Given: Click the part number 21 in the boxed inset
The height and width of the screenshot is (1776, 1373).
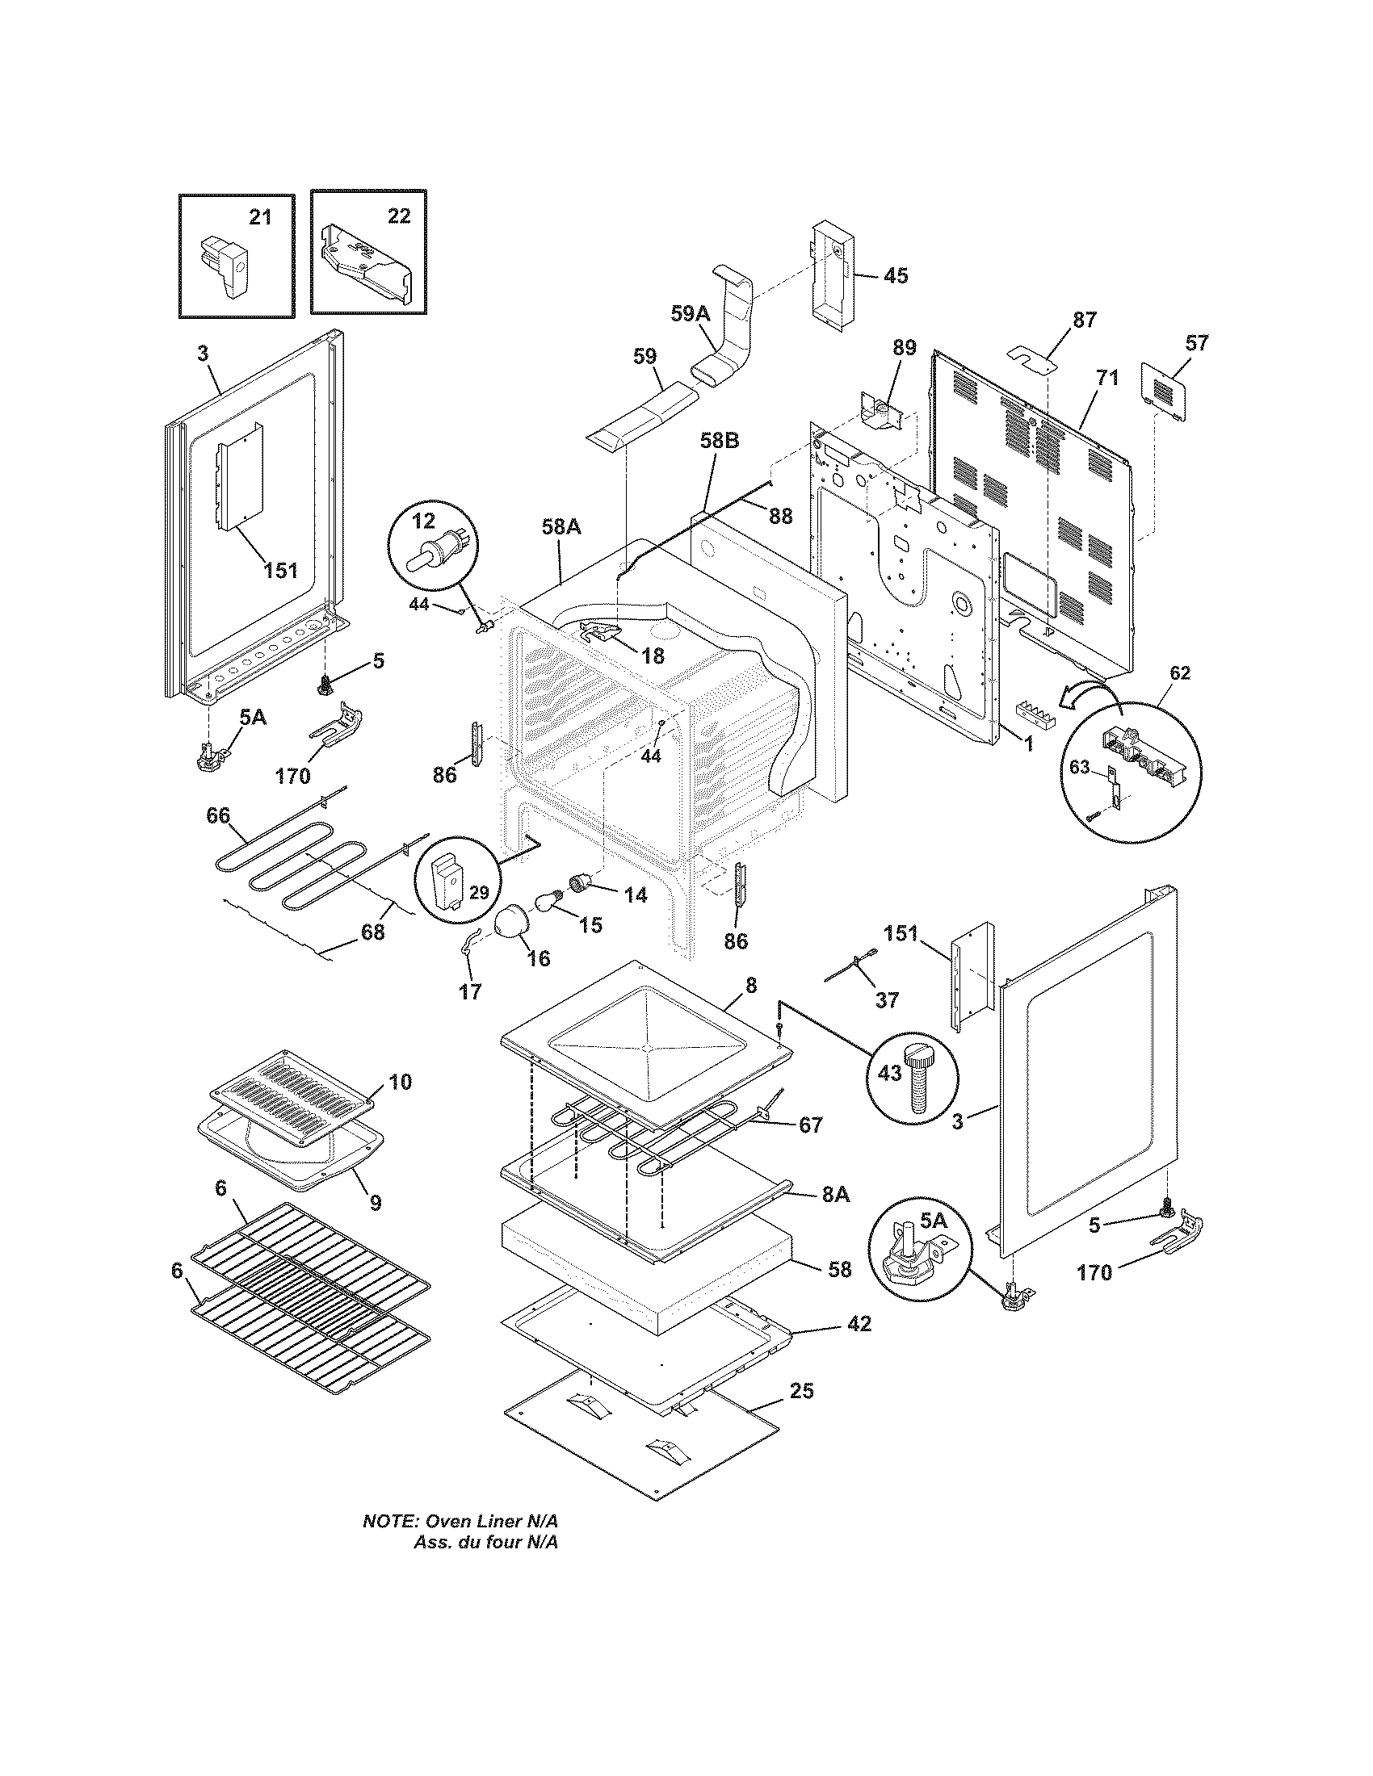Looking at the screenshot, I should (260, 217).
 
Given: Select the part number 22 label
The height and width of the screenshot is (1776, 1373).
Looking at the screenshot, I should (398, 216).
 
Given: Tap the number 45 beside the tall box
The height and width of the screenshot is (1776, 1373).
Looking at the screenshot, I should (895, 275).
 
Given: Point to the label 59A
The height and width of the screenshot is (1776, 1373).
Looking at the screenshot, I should (691, 314).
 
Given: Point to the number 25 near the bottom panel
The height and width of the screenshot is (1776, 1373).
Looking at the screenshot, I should (801, 1392).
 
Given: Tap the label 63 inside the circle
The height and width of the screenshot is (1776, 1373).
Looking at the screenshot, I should (1078, 767).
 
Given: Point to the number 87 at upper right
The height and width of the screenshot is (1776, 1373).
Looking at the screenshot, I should (1084, 320).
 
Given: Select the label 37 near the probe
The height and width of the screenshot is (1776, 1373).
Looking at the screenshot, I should (887, 999).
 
